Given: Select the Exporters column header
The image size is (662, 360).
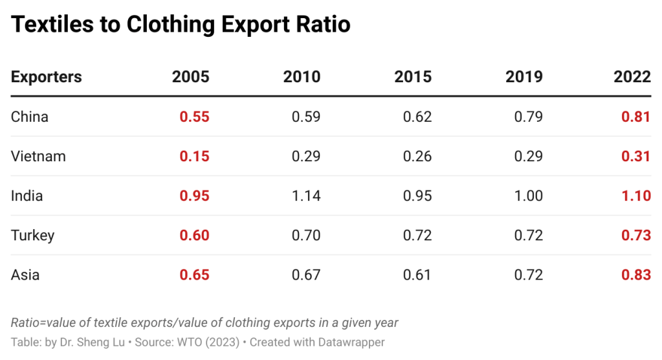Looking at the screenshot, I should pos(47,77).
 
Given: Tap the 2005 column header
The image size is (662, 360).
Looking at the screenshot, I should pos(191,77).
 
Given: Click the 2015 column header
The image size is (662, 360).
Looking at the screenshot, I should pos(413,77).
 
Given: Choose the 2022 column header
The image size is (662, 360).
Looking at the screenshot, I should pos(632,77).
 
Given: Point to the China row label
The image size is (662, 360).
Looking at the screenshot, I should pos(30,117).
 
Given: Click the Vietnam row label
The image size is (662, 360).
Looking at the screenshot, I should pos(38,157).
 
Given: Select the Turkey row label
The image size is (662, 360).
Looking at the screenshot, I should pos(32,236).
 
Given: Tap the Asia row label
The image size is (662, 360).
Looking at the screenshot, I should pos(25,275).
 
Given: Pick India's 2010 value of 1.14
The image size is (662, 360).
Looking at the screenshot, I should pos(306,196).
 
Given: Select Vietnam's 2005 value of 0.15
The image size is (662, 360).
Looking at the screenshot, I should pos(195,157).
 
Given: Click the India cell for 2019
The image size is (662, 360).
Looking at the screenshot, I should pos(528,196).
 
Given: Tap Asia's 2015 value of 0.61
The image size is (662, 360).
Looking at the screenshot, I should pos(417,275).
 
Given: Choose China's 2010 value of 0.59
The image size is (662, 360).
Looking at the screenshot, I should pos(306,117).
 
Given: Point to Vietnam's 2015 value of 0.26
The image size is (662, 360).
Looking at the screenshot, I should pos(417,157).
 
